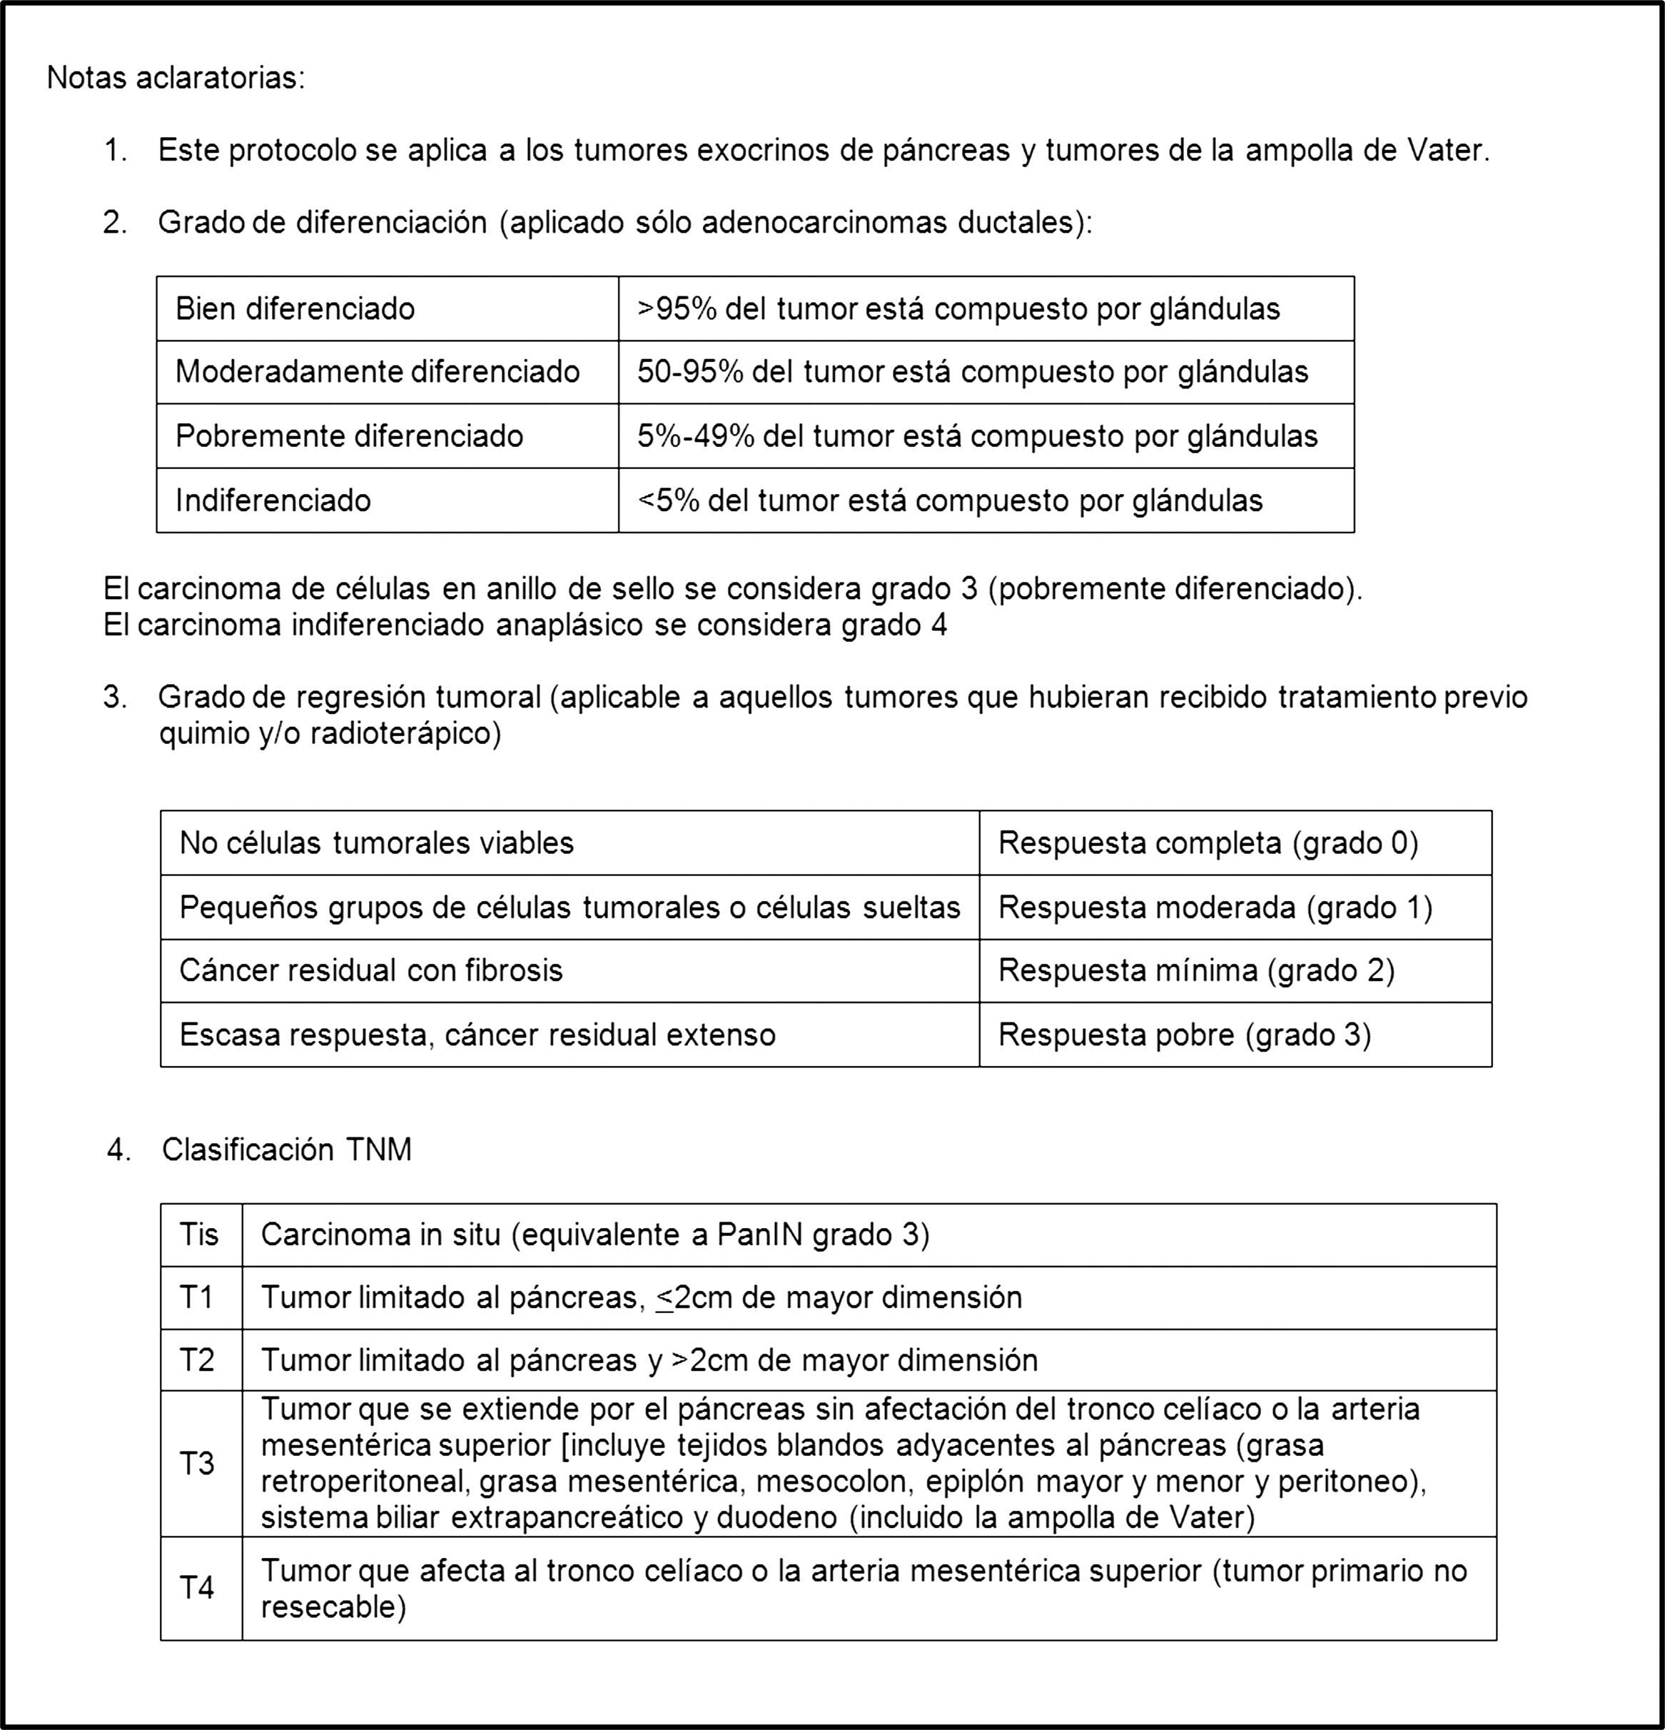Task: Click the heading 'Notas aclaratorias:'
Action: [176, 79]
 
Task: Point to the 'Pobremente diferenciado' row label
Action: [350, 436]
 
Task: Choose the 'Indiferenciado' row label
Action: [273, 501]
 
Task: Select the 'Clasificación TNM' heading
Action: [287, 1150]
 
